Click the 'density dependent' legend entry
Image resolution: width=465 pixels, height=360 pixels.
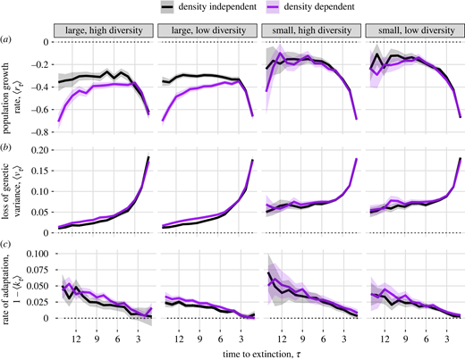click(x=310, y=8)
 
